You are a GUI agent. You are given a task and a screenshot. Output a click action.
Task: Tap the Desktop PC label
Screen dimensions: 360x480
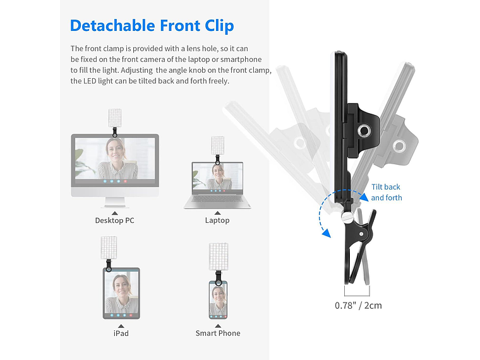click(114, 220)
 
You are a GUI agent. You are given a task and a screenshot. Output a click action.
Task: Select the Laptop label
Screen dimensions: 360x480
click(217, 220)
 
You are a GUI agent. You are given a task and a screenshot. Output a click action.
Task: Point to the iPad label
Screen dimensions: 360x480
click(121, 333)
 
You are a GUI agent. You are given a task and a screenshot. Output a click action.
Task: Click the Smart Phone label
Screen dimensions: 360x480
click(218, 333)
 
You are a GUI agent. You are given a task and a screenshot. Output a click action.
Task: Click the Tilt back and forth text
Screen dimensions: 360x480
click(386, 192)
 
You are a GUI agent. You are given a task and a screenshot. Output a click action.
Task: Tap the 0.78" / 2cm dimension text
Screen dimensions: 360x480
click(358, 306)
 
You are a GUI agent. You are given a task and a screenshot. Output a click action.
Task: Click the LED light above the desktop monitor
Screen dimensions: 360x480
click(114, 117)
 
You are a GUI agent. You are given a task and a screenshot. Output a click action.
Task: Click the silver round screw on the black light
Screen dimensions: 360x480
click(364, 131)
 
